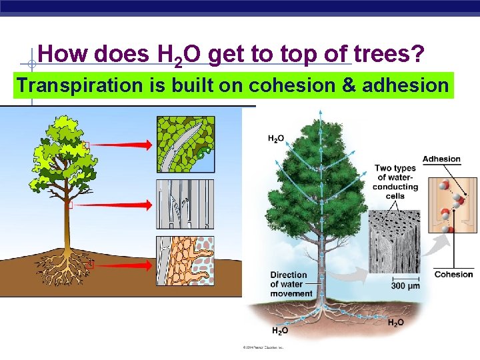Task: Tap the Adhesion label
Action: pyautogui.click(x=441, y=159)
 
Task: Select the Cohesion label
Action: pyautogui.click(x=453, y=274)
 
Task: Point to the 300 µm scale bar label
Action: pyautogui.click(x=405, y=286)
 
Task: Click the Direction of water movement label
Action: pyautogui.click(x=291, y=284)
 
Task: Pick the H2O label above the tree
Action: pyautogui.click(x=276, y=139)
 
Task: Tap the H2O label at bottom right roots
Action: pyautogui.click(x=395, y=323)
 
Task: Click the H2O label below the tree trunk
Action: pyautogui.click(x=280, y=330)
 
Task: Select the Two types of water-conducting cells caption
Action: pyautogui.click(x=395, y=182)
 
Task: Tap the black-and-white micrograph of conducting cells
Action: pyautogui.click(x=395, y=240)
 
